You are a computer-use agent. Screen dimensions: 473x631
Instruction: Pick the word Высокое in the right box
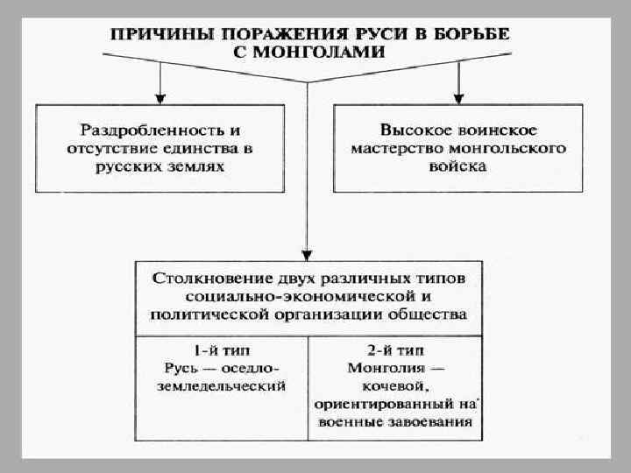point(412,128)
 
